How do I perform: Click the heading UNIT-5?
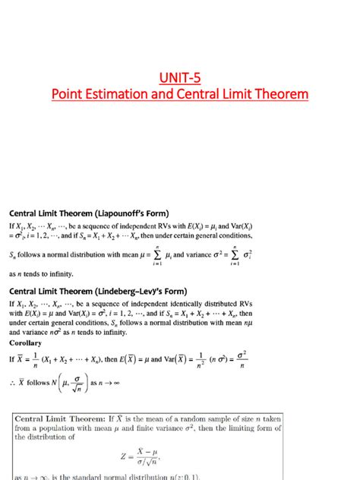tap(179, 76)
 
